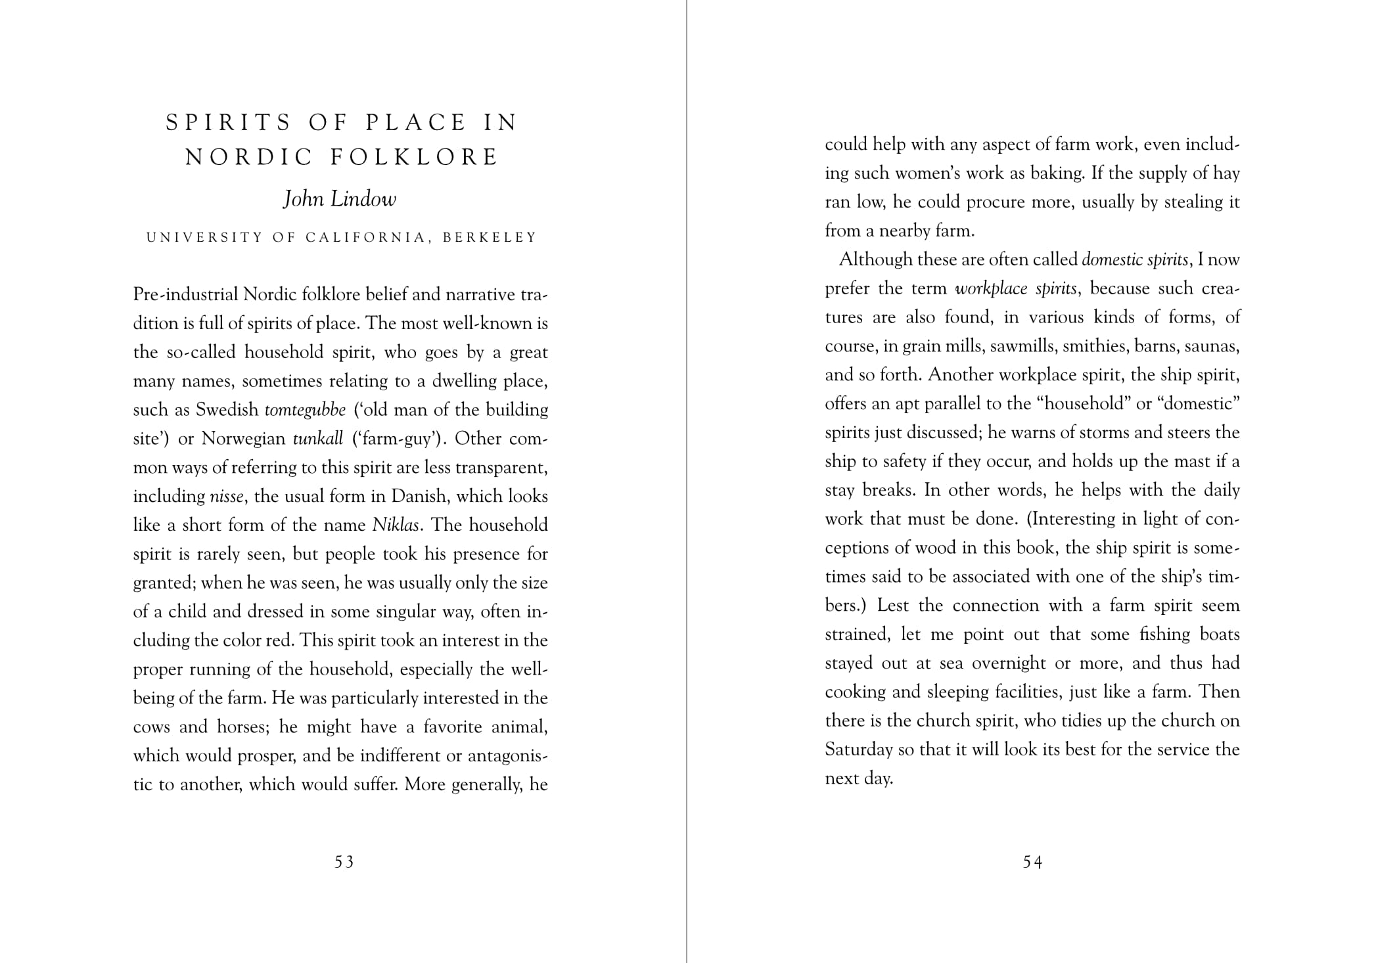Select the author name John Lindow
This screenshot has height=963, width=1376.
340,199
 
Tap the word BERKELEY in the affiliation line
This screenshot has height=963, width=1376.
490,237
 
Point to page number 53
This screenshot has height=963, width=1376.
344,862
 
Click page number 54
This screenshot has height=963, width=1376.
1032,862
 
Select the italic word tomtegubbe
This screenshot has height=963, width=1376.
305,410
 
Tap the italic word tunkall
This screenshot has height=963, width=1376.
318,439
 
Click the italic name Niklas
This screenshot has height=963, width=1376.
396,526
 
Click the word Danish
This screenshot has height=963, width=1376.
419,497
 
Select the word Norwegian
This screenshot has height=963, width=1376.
243,439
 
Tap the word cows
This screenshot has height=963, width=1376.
152,727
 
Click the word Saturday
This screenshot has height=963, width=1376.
859,750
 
